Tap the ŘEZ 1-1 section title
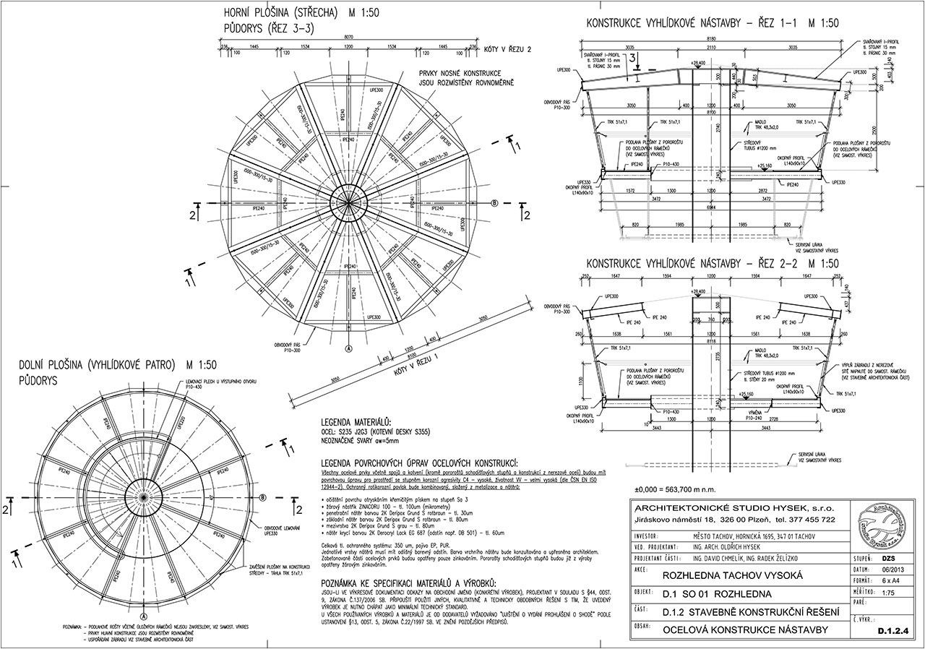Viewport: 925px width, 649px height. point(711,23)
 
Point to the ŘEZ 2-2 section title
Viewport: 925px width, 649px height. point(711,263)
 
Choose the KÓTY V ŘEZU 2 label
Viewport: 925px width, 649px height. point(509,49)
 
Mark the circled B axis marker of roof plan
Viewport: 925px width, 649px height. point(495,204)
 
